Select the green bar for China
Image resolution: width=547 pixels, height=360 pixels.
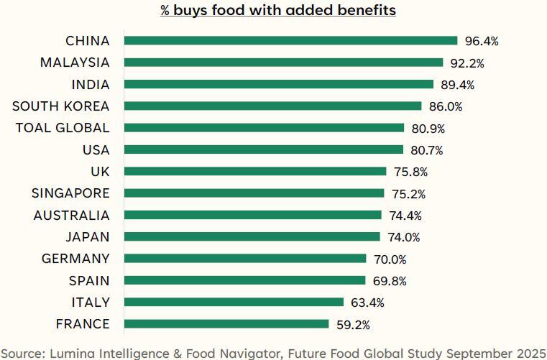pos(290,40)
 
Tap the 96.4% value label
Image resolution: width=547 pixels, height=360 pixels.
pos(482,41)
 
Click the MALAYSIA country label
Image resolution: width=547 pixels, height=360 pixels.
pos(75,63)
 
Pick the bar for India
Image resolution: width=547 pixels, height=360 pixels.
pos(278,84)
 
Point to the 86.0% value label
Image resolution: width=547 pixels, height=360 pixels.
pos(446,106)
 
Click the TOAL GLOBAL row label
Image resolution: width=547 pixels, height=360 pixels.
pos(63,128)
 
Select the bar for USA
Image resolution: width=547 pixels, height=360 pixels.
pos(263,149)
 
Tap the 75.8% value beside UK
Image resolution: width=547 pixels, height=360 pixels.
pos(410,172)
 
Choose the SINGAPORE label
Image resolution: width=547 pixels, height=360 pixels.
pos(70,193)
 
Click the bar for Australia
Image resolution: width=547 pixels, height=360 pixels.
pos(252,215)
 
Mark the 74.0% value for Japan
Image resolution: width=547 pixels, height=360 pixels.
pos(404,237)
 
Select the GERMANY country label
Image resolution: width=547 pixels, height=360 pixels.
pos(75,259)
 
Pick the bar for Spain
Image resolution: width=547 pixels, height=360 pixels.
pos(244,280)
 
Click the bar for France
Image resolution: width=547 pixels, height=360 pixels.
pos(226,324)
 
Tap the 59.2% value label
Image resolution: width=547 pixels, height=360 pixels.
pos(353,325)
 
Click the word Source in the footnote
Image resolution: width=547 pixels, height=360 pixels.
pos(23,352)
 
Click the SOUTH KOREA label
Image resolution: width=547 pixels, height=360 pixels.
pos(61,106)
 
